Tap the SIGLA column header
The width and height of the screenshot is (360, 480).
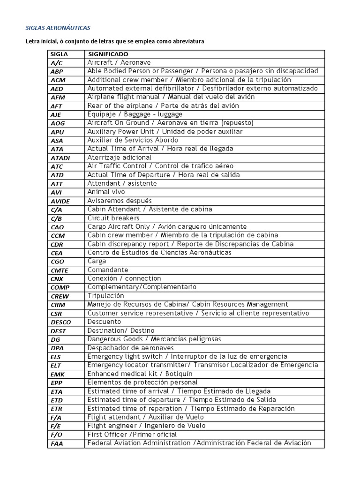[59, 54]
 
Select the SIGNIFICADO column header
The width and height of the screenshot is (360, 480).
[108, 54]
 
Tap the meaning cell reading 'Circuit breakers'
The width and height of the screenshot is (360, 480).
[113, 218]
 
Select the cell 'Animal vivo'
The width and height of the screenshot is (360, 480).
[106, 192]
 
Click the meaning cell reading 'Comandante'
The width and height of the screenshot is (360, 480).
[108, 270]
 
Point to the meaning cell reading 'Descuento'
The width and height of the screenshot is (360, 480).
[104, 322]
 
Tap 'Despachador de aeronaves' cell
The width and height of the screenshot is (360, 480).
[130, 348]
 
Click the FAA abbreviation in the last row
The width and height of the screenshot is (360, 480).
[57, 443]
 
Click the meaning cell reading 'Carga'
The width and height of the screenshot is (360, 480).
[97, 261]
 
